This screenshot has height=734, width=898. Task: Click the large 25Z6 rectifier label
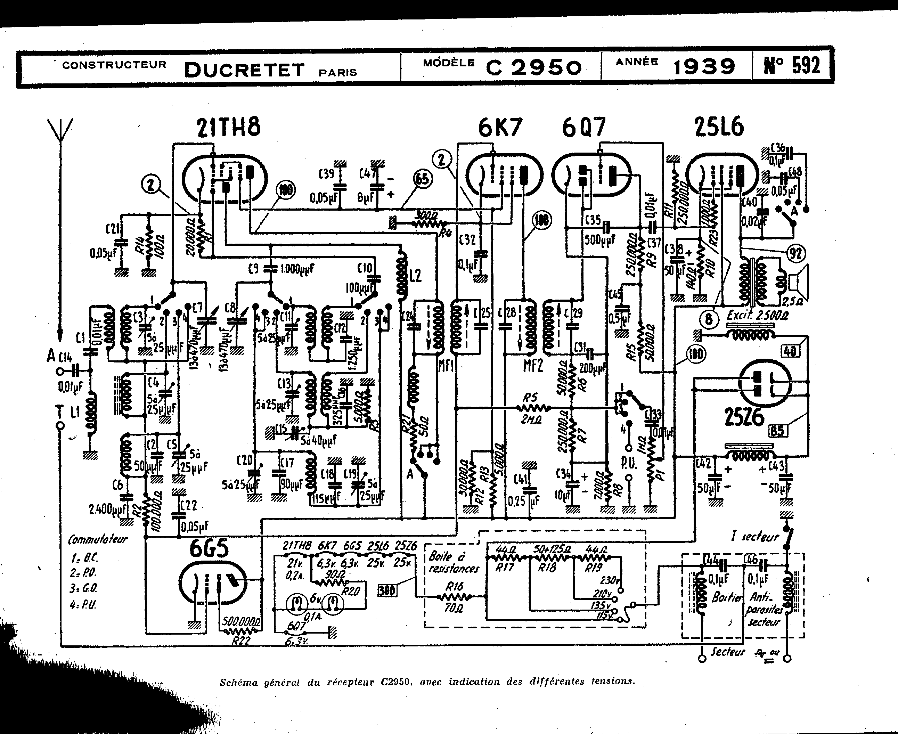coord(744,417)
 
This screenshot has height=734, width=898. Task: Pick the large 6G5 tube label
coord(209,549)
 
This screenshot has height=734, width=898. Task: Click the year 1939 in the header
coord(704,67)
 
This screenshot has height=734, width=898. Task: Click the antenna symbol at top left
coord(60,129)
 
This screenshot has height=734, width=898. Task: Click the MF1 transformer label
coord(446,365)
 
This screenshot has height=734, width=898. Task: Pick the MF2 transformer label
coord(533,365)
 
